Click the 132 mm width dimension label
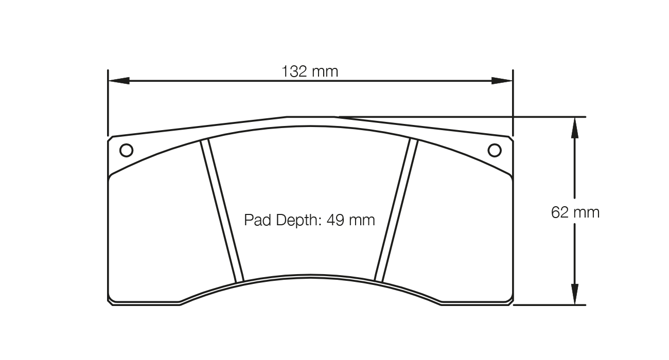click(x=310, y=71)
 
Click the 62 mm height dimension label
click(x=575, y=212)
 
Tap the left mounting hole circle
click(x=126, y=150)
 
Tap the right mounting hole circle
click(x=494, y=150)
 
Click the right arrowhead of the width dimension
click(x=502, y=81)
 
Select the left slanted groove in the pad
click(x=222, y=211)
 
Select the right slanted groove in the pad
click(x=396, y=211)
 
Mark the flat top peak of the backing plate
click(x=310, y=117)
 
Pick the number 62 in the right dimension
click(x=559, y=212)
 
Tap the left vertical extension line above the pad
click(x=108, y=103)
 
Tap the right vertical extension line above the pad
click(x=513, y=103)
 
